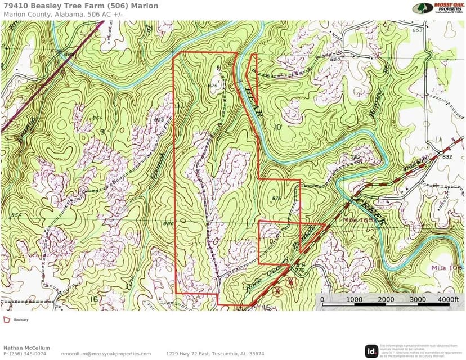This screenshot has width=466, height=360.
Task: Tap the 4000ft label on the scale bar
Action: pyautogui.click(x=448, y=299)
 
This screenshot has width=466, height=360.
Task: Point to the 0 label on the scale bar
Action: pyautogui.click(x=322, y=299)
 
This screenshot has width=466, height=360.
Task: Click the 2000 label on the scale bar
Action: pyautogui.click(x=386, y=299)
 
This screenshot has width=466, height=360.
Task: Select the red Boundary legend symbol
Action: pyautogui.click(x=7, y=319)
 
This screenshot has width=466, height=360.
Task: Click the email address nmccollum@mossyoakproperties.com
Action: pyautogui.click(x=106, y=354)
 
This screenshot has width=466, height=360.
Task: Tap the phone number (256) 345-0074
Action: pyautogui.click(x=25, y=354)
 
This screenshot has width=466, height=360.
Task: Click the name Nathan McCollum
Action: pyautogui.click(x=26, y=348)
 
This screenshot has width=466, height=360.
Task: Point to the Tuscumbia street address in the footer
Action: pyautogui.click(x=215, y=354)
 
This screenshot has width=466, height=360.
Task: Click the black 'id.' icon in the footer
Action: pyautogui.click(x=371, y=351)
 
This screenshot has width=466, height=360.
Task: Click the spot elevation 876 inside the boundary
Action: pyautogui.click(x=276, y=198)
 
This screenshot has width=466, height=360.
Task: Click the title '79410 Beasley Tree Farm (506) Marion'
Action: pyautogui.click(x=80, y=6)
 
